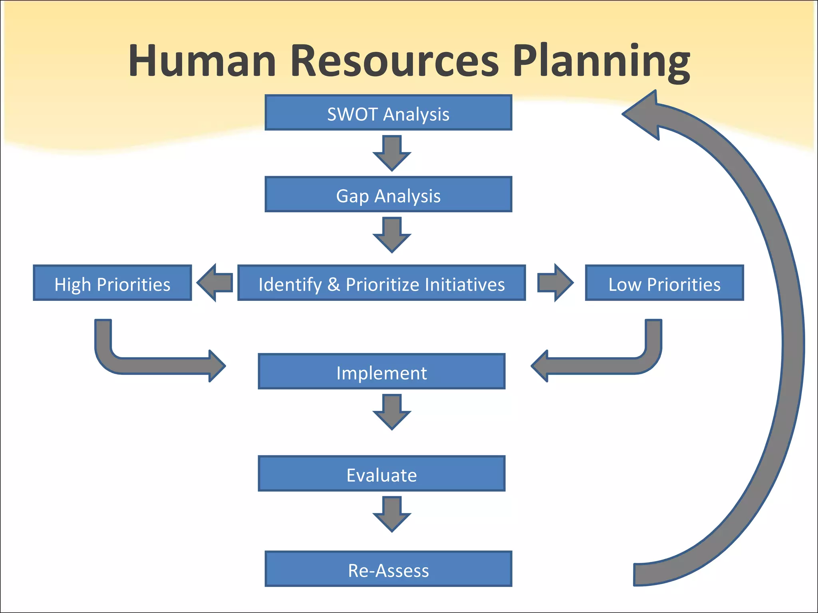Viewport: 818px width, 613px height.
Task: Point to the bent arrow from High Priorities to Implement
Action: point(160,366)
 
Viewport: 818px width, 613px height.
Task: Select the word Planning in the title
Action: point(601,62)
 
